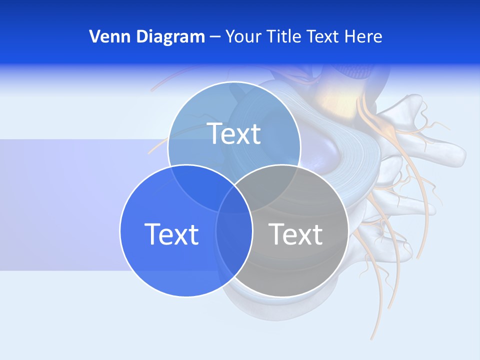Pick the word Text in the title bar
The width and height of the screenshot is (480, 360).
[323, 36]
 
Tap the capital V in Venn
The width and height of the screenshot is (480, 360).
[94, 36]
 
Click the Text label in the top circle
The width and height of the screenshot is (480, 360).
[234, 133]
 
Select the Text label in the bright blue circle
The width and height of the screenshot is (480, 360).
[171, 234]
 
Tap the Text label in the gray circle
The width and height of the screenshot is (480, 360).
[295, 234]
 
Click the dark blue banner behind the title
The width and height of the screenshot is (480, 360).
[425, 30]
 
